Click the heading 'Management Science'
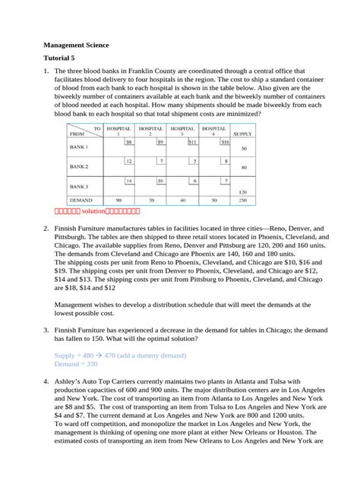(x=76, y=45)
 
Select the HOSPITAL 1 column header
(x=119, y=131)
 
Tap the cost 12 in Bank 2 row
(x=128, y=161)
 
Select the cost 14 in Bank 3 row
(x=128, y=181)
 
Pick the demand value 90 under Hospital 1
(x=119, y=201)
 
